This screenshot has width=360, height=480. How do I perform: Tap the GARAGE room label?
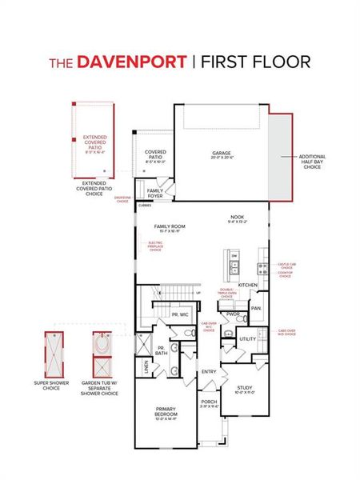coord(221,153)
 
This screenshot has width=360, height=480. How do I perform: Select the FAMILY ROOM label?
coord(170,228)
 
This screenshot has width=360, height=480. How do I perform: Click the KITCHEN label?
coord(247,286)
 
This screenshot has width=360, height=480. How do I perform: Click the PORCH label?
coord(209,403)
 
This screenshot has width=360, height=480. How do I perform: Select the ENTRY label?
coord(210,371)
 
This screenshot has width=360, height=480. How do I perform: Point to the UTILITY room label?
coord(247,339)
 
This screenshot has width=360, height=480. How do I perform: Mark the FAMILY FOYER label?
coord(155,193)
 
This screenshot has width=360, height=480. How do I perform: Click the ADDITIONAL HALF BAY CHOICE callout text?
coord(312,162)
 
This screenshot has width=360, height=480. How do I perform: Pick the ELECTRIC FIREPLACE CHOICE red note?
coord(155,246)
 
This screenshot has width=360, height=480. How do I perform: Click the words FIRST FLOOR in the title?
coord(256,62)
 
